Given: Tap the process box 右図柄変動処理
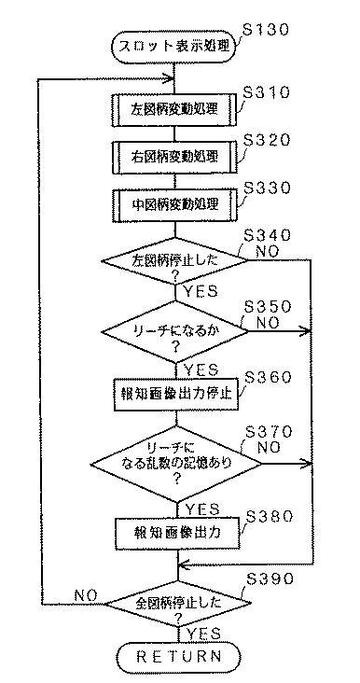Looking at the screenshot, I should pyautogui.click(x=175, y=155).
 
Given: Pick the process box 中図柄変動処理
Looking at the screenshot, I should pyautogui.click(x=175, y=202).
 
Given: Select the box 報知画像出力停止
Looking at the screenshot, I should pyautogui.click(x=175, y=393).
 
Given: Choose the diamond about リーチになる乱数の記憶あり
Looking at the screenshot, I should pyautogui.click(x=175, y=463).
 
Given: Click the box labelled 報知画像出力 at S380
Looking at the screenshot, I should pyautogui.click(x=175, y=536).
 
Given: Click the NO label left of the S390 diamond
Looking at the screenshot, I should pyautogui.click(x=86, y=592).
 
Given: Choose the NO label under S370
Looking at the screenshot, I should pyautogui.click(x=270, y=448).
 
